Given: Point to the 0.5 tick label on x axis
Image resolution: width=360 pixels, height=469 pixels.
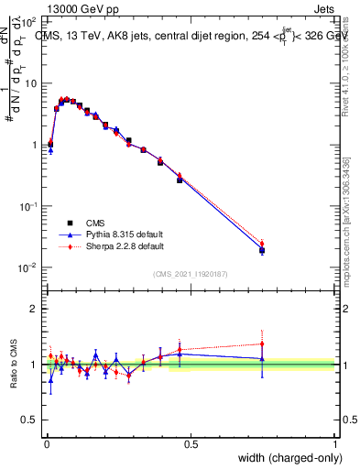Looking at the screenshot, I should (x=191, y=444).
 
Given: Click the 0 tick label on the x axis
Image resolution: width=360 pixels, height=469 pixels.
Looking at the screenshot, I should (x=46, y=444).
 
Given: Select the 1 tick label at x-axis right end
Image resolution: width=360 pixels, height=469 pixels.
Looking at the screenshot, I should (x=335, y=444).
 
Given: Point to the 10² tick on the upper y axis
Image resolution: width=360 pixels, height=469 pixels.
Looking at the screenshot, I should (x=29, y=21).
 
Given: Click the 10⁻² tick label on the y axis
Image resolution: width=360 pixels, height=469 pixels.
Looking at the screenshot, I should (x=29, y=267).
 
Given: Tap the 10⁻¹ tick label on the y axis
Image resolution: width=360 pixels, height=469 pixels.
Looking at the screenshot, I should (x=29, y=206).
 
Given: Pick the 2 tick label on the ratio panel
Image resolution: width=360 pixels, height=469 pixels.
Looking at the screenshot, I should (x=34, y=309).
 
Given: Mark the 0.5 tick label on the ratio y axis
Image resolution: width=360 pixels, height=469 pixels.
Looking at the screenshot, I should (x=30, y=420).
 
